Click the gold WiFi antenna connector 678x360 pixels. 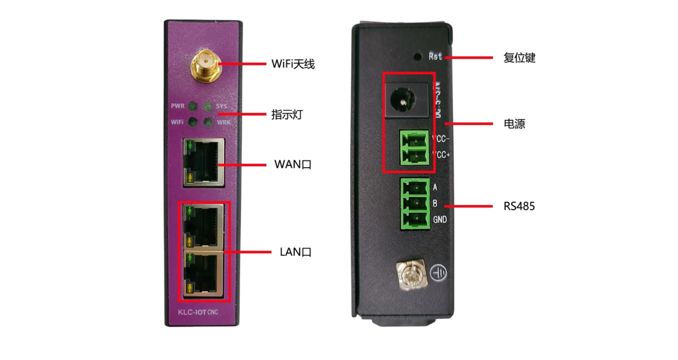[204, 63]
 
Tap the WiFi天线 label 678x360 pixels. [293, 64]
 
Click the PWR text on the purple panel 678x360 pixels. [177, 106]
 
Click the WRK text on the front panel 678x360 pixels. [224, 122]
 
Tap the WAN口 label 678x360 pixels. [293, 164]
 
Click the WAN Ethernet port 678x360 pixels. [203, 163]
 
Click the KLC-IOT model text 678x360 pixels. [189, 313]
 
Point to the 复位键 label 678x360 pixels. [519, 58]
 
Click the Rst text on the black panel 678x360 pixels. [436, 57]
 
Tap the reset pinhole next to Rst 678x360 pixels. [418, 57]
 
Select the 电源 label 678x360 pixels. [514, 124]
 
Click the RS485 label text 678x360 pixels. [519, 206]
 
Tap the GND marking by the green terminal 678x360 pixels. [440, 219]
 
